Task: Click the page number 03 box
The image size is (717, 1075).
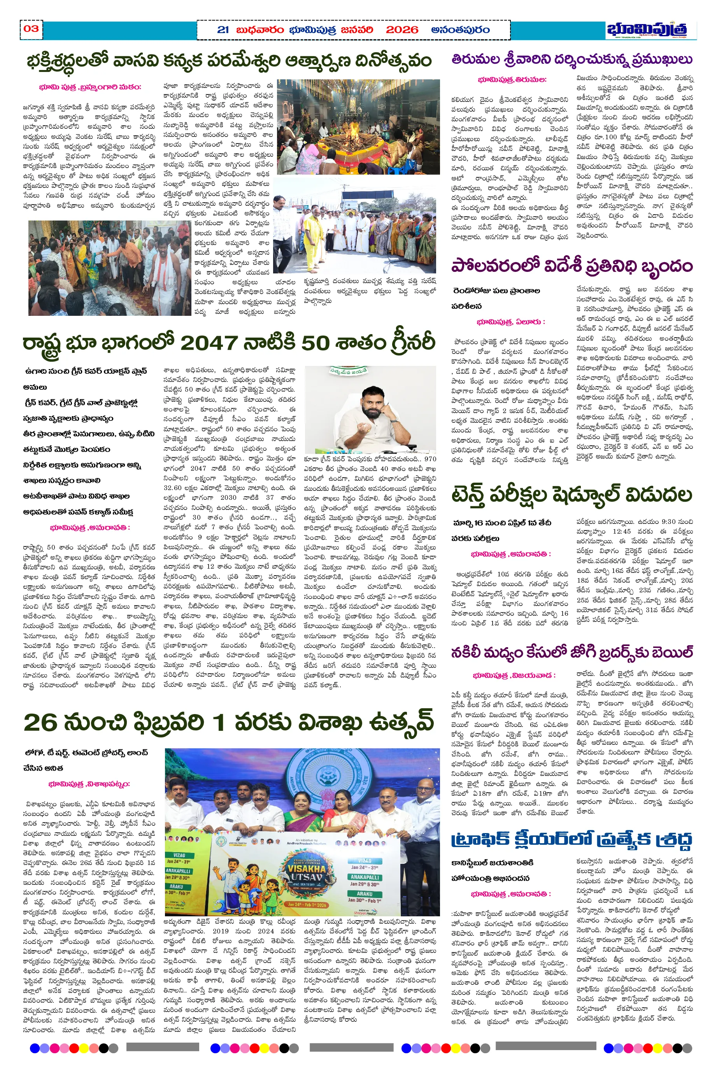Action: (31, 29)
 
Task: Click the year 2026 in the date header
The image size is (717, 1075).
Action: (401, 30)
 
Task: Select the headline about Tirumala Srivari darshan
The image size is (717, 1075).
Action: (571, 60)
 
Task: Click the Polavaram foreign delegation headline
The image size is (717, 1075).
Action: (571, 266)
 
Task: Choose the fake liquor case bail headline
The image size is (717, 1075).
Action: (571, 652)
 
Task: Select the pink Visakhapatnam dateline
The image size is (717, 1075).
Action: (89, 784)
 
